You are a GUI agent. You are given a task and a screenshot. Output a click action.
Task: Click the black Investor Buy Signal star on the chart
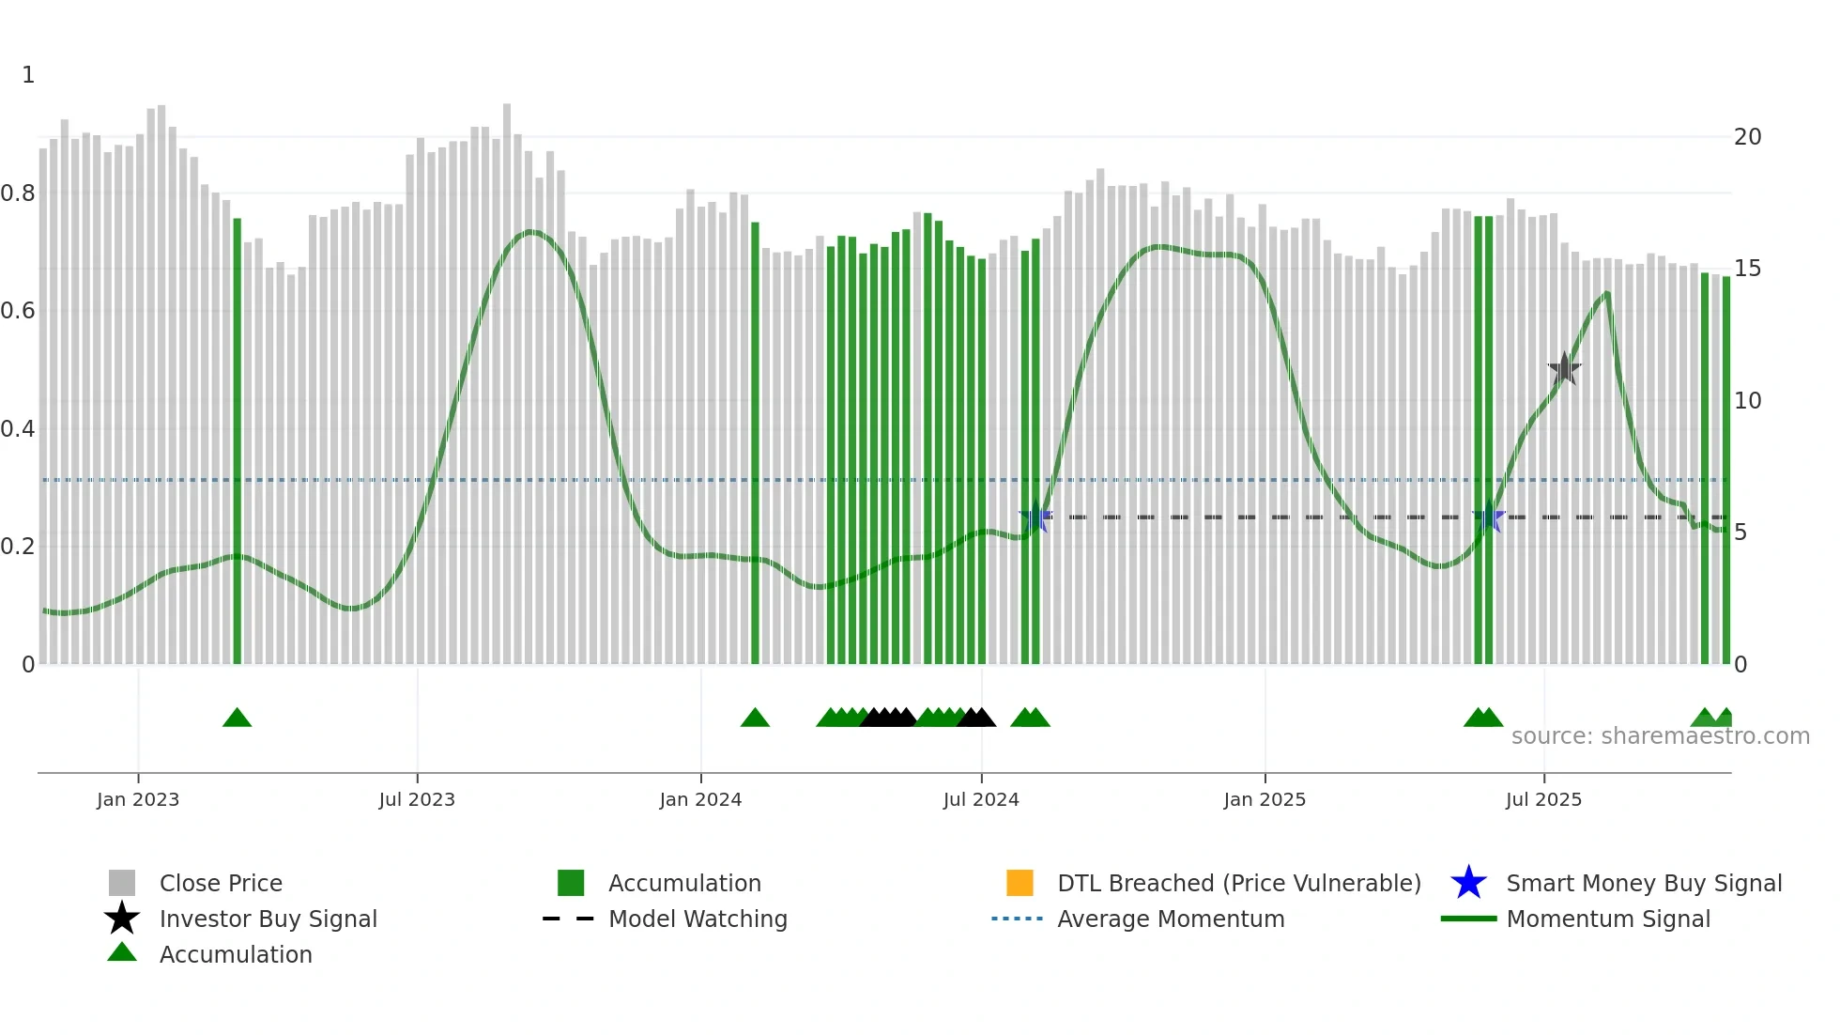[1564, 369]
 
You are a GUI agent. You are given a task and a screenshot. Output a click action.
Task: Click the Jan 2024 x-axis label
[700, 799]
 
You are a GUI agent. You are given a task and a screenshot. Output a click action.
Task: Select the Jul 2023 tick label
[417, 799]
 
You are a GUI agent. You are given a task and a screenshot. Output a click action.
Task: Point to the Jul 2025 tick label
[1543, 799]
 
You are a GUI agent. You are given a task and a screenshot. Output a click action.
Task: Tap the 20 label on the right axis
[1747, 137]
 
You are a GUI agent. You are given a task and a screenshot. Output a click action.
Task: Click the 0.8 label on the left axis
[19, 193]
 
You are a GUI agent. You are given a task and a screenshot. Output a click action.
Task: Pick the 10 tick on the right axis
[1747, 401]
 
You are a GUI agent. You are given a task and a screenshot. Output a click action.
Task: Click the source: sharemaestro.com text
[1660, 736]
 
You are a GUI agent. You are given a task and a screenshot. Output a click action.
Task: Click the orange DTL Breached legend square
[1020, 883]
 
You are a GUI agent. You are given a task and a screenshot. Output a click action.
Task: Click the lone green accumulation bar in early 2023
[238, 441]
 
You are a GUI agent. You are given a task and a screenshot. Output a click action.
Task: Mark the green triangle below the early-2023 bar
[238, 718]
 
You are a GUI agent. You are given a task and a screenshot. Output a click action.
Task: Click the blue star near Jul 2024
[1035, 517]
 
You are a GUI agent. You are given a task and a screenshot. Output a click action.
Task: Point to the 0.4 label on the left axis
[19, 429]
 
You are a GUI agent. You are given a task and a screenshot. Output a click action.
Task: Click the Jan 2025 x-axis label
[1265, 799]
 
